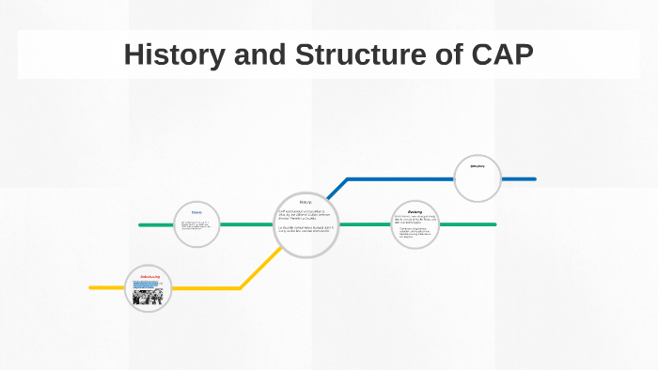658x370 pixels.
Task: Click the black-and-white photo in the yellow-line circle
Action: pos(149,296)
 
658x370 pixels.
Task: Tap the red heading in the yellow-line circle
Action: pos(149,276)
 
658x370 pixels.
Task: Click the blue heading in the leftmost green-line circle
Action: pos(196,212)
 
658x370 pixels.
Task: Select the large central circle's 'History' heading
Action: pos(305,202)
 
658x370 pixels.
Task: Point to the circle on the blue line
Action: pos(478,178)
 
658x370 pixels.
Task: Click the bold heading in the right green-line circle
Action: pos(415,212)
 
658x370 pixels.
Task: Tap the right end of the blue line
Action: pos(534,178)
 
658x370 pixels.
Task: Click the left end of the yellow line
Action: pos(91,287)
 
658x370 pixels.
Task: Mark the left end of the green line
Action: pos(140,225)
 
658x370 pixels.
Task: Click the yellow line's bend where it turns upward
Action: pos(241,287)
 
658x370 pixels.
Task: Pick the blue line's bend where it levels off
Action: pos(348,178)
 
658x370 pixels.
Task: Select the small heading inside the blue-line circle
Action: pos(477,167)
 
